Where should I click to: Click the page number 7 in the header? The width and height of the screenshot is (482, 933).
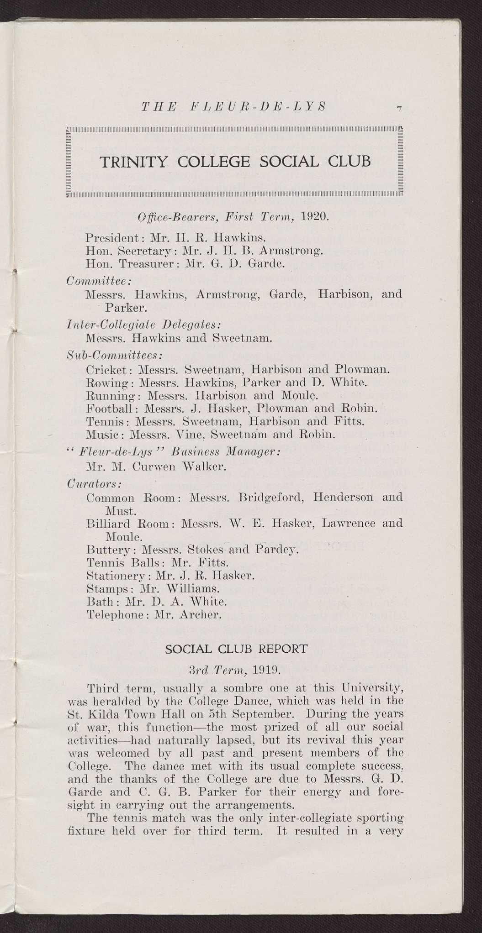tap(399, 108)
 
